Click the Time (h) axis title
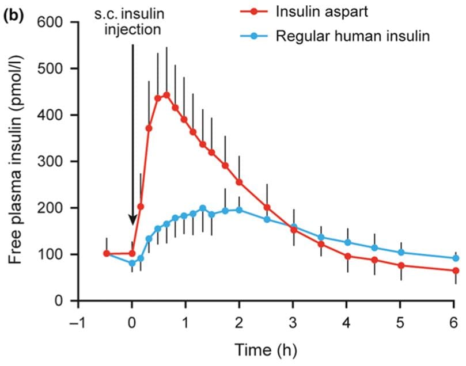pos(266,349)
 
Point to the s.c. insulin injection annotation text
pos(132,21)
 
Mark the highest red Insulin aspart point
pos(166,95)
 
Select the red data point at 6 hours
pos(456,270)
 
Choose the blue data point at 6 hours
pos(456,258)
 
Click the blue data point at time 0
pos(132,264)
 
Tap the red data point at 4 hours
pos(347,256)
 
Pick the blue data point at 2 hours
pos(239,210)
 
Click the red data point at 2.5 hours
pos(267,207)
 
